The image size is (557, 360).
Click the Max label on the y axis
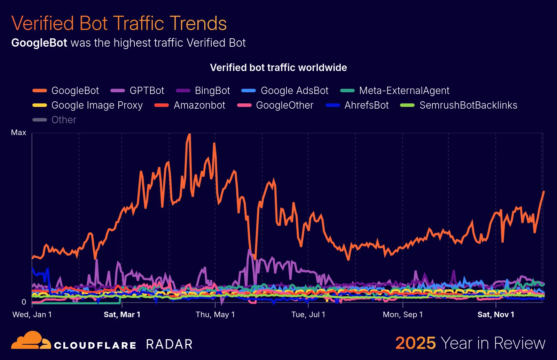[x=18, y=133]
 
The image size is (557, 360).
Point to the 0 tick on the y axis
[x=24, y=302]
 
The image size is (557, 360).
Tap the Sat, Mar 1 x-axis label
[x=122, y=315]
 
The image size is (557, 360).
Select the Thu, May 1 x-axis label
[x=215, y=315]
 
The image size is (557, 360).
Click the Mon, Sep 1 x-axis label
[x=403, y=315]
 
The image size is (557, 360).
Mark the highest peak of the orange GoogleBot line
[x=189, y=134]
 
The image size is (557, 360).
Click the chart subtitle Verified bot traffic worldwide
[x=278, y=68]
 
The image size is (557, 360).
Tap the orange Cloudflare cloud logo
[x=31, y=340]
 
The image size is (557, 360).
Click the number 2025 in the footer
[x=415, y=343]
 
